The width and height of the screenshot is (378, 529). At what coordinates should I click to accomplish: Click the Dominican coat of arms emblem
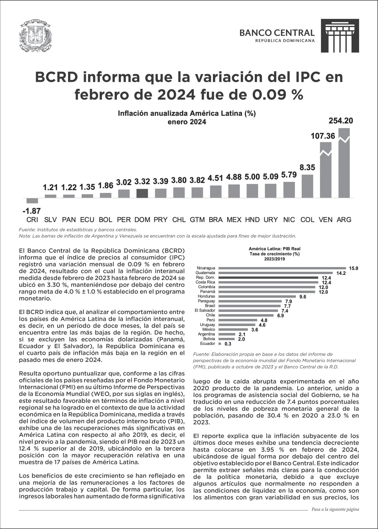[35, 37]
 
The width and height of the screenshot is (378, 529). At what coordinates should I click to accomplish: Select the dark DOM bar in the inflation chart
[142, 193]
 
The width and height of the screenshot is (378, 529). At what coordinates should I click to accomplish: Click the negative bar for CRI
[32, 201]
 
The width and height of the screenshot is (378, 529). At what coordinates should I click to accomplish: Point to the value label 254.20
[341, 121]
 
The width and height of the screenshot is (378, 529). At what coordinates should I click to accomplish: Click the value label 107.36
[323, 136]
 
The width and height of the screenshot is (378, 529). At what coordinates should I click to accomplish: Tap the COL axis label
[307, 220]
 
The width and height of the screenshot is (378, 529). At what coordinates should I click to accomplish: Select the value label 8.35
[307, 168]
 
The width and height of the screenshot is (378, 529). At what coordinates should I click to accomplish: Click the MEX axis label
[234, 220]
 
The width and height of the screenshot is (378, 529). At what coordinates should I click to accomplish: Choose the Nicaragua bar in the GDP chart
[282, 268]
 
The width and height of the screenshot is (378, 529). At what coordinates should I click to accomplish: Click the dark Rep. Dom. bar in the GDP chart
[268, 277]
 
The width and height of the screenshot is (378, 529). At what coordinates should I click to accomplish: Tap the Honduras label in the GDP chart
[206, 296]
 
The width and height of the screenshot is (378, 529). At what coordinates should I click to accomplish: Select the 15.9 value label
[353, 268]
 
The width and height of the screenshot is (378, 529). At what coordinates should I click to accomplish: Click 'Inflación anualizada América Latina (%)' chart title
[187, 113]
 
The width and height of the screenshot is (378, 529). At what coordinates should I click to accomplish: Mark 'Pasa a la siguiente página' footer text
[335, 509]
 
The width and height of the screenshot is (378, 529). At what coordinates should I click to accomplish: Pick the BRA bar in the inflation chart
[216, 191]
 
